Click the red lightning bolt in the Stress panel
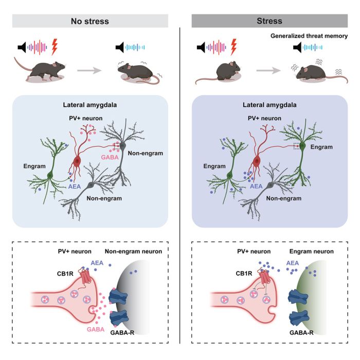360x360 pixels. tap(235, 47)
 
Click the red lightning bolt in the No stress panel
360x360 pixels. tap(55, 48)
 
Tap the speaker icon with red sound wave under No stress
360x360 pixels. tap(23, 48)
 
